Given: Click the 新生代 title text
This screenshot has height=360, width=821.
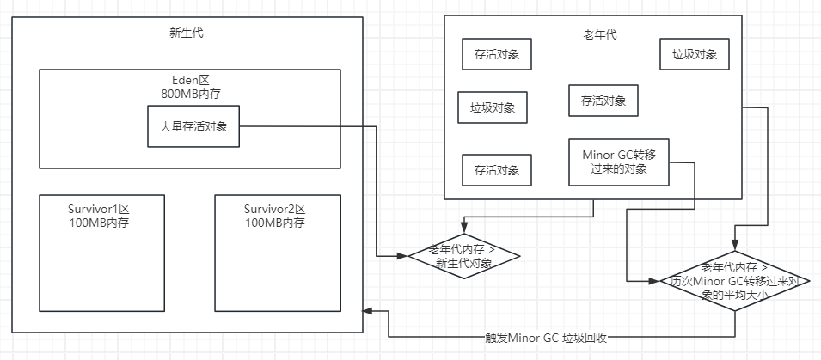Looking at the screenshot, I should click(187, 34).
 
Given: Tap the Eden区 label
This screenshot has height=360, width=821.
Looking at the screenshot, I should click(191, 79).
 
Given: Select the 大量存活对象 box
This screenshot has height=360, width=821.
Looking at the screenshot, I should click(193, 126).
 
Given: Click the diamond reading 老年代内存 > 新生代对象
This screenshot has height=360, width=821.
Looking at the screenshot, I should click(464, 256).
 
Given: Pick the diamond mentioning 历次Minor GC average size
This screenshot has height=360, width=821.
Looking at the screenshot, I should click(734, 280).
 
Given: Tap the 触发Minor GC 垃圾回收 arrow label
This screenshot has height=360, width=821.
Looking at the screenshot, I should click(546, 337).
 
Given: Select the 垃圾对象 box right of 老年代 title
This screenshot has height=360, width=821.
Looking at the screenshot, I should click(695, 55).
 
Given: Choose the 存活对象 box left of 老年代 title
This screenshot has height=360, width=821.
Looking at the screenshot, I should click(496, 53).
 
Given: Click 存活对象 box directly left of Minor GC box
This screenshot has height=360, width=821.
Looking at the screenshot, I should click(496, 170).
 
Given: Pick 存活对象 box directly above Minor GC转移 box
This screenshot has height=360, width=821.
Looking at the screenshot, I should click(603, 100).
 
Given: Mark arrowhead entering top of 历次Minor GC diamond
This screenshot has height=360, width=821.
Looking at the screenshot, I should click(735, 243).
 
